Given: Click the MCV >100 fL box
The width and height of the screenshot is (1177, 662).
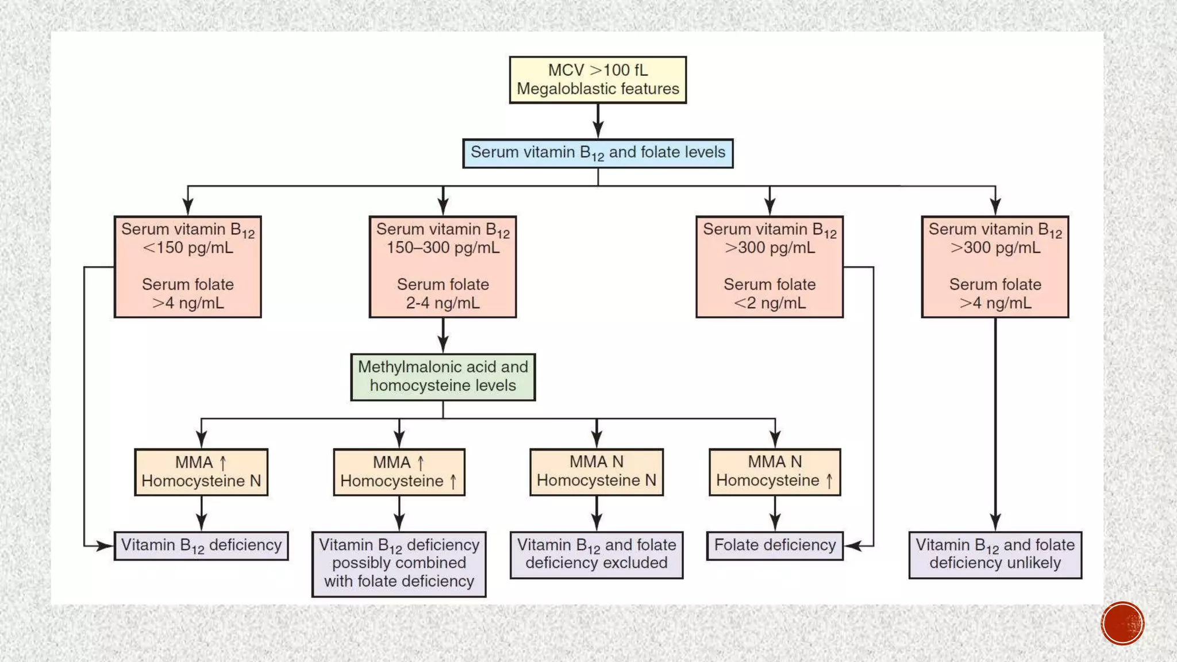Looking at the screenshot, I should point(598,79).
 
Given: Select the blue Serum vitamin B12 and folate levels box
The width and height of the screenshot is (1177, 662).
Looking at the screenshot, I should point(598,153).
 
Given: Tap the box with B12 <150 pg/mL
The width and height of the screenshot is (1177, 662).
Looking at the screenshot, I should point(187,267).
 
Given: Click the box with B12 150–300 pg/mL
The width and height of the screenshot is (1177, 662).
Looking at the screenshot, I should point(443,267).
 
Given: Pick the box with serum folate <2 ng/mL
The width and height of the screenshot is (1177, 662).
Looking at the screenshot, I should point(770,267).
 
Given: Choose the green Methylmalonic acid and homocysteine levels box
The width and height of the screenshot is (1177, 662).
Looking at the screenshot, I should point(443,377).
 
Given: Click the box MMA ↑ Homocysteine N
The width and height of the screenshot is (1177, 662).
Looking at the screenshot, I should point(201,472).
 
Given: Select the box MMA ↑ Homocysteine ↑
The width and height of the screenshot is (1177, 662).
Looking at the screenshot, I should point(399,472).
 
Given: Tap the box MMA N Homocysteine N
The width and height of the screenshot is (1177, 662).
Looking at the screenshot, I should point(597,472).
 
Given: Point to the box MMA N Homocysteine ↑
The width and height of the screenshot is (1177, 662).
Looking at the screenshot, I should point(775,472).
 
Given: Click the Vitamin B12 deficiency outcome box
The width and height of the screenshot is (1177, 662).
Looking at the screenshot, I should point(201,545).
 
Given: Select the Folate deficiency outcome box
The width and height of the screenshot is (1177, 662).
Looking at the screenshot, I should point(775,545).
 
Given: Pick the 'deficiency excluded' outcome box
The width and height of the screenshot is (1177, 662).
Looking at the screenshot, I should point(597,555).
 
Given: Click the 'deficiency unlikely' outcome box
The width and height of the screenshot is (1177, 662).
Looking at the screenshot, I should point(995,555).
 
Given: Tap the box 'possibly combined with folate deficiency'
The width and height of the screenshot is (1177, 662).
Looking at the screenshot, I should point(399,564).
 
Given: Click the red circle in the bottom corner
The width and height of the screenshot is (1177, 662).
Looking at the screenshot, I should point(1122,623).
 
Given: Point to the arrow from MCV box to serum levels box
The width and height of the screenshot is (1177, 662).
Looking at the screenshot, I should point(598,121).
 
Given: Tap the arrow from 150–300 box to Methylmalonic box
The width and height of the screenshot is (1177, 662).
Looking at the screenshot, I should point(443,335).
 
